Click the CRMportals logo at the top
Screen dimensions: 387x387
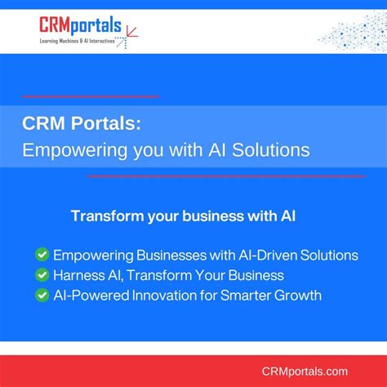(x=80, y=26)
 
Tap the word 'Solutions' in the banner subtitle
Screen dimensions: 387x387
(x=274, y=150)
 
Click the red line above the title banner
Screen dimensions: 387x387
(x=90, y=96)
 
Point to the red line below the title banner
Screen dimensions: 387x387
(x=237, y=176)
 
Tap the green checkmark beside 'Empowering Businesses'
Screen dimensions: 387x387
(x=42, y=256)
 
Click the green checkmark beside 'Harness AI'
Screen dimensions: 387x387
(x=42, y=275)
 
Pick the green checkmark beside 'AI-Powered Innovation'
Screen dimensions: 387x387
(x=42, y=295)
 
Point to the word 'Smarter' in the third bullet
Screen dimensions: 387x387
(x=244, y=295)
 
